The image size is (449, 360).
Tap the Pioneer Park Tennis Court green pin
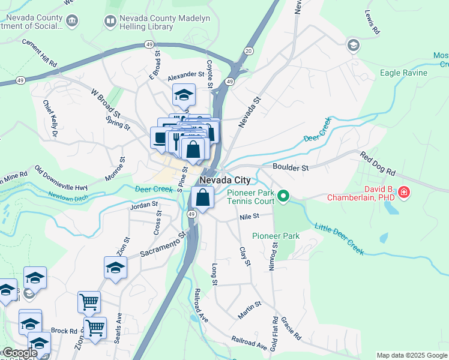pyautogui.click(x=286, y=196)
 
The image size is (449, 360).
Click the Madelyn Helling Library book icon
pyautogui.click(x=110, y=22)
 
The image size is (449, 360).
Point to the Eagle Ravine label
pyautogui.click(x=403, y=73)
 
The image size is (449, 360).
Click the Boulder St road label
pyautogui.click(x=290, y=168)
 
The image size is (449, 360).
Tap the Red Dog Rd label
pyautogui.click(x=378, y=164)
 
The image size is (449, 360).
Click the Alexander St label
pyautogui.click(x=186, y=76)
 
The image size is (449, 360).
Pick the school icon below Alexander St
pyautogui.click(x=184, y=94)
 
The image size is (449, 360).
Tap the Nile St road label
pyautogui.click(x=248, y=216)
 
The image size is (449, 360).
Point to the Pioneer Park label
pyautogui.click(x=276, y=236)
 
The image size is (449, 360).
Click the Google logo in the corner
pyautogui.click(x=19, y=353)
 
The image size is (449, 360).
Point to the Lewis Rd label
pyautogui.click(x=372, y=22)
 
